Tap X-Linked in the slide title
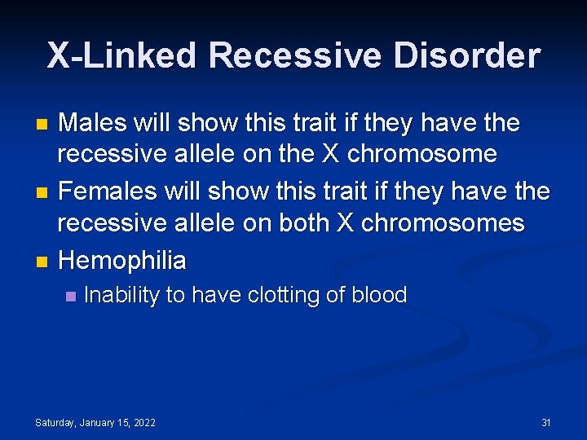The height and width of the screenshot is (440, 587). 121,56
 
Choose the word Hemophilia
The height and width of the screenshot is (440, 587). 122,261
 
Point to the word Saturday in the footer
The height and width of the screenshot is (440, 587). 56,422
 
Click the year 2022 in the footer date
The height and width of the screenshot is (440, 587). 143,422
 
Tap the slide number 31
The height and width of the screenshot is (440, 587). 546,422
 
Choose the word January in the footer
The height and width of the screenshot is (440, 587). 97,422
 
